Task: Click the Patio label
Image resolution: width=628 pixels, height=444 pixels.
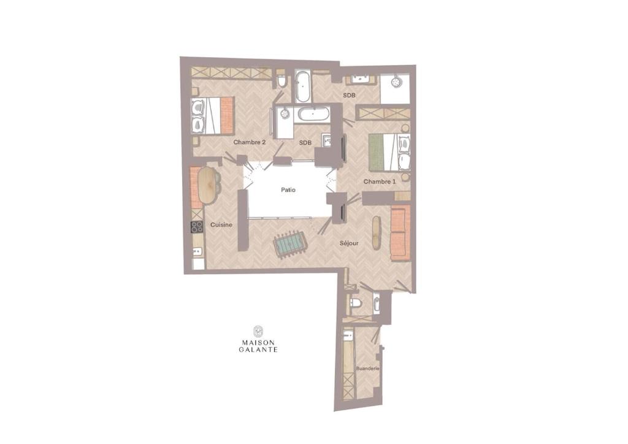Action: coord(288,189)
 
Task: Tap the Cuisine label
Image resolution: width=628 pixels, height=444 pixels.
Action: coord(221,225)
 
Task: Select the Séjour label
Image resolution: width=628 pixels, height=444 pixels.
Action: coord(349,243)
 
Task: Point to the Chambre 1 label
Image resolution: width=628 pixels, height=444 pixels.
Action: coord(379,182)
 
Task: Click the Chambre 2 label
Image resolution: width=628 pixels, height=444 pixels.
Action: coord(250,142)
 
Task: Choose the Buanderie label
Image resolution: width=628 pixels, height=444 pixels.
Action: coord(368,369)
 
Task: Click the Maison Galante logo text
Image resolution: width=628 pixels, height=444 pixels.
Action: coord(258,346)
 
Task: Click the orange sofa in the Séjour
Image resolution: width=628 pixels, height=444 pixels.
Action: coord(400,233)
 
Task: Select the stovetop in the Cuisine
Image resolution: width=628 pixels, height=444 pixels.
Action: coord(197,227)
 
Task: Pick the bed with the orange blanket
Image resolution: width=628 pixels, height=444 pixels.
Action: coord(212,115)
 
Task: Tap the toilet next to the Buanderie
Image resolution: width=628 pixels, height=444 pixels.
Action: coord(355,303)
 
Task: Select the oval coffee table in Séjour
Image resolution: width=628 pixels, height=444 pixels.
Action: coord(377,233)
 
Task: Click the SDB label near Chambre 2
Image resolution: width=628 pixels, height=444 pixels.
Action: coord(305,142)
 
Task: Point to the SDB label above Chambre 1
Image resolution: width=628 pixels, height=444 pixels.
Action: coord(349,95)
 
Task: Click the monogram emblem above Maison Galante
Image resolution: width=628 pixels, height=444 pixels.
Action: coord(258,331)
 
